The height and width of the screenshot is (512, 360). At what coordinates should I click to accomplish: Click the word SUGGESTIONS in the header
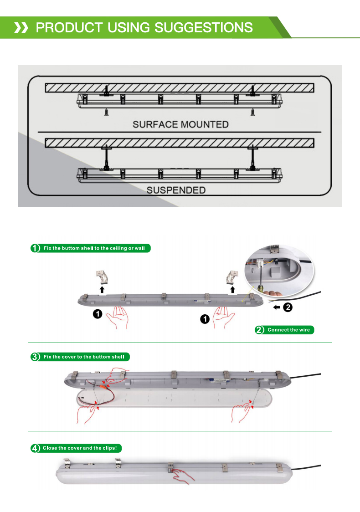[204, 27]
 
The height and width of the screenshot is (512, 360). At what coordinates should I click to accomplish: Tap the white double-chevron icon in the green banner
[21, 28]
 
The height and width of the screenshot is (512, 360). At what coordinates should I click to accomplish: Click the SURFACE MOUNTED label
[180, 124]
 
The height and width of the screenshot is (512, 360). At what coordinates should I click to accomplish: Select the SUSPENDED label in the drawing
[176, 190]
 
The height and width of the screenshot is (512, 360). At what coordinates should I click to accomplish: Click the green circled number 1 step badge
[35, 248]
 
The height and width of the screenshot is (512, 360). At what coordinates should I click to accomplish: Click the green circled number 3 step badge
[35, 357]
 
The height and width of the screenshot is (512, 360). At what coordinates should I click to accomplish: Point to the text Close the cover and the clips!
[80, 448]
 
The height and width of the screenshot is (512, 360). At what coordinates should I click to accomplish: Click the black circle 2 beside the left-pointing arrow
[288, 307]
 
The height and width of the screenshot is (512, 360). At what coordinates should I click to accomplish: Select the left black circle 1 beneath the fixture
[98, 314]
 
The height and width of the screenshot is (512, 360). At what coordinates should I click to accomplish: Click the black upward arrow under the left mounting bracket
[102, 289]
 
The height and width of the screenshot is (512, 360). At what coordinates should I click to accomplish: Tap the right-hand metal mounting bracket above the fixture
[232, 277]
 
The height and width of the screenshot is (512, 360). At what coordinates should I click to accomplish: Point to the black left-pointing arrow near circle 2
[277, 307]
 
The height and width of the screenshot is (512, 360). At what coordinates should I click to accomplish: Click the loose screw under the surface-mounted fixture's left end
[107, 113]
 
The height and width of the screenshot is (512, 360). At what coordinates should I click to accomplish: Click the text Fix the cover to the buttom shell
[84, 357]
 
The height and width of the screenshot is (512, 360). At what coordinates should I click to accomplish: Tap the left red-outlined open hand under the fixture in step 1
[117, 317]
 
